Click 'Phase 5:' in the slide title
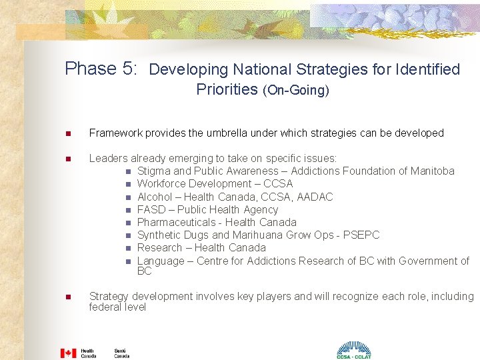tap(101, 69)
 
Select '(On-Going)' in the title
tap(296, 90)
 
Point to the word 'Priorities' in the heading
tap(227, 89)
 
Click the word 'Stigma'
tap(153, 171)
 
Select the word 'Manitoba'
tap(430, 171)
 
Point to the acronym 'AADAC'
tap(315, 197)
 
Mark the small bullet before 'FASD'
tap(128, 210)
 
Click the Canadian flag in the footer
tap(68, 353)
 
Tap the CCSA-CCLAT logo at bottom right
tap(353, 349)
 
